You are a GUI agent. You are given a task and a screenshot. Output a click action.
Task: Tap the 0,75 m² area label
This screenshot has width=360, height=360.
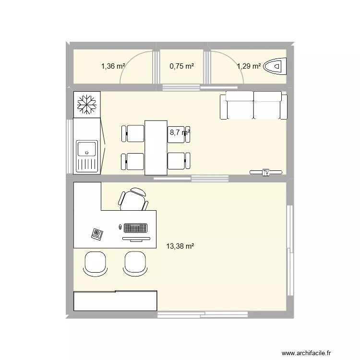(x=182, y=67)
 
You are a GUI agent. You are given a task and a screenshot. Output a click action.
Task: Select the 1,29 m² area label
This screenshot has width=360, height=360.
(x=249, y=67)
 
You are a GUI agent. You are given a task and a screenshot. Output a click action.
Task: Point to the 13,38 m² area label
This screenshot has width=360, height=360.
(x=180, y=247)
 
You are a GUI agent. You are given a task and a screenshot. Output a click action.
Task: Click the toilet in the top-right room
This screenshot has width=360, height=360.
(x=276, y=66)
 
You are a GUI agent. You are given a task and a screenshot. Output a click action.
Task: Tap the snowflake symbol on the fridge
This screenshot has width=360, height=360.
(x=87, y=104)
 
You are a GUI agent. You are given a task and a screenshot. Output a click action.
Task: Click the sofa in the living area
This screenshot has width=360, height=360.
(x=253, y=106)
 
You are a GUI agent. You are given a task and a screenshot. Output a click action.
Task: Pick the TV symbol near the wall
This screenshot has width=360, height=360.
(x=266, y=172)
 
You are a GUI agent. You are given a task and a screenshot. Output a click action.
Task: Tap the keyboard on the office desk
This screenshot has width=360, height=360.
(x=135, y=227)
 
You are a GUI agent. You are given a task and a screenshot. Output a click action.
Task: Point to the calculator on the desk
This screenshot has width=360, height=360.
(x=97, y=234)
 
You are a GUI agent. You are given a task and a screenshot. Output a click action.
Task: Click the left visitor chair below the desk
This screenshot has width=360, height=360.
(x=95, y=264)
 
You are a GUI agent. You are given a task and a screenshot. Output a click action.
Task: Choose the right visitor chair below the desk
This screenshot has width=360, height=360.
(x=134, y=264)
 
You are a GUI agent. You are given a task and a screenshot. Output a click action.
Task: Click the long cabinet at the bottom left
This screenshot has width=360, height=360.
(x=115, y=301)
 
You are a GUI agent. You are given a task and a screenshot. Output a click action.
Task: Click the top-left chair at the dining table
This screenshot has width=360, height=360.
(x=133, y=133)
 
